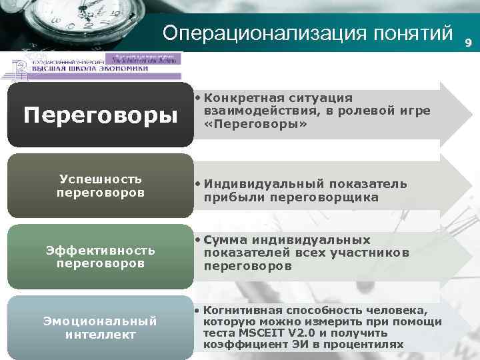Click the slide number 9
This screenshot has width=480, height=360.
pos(468,43)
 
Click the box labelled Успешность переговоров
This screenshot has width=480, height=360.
pos(100,186)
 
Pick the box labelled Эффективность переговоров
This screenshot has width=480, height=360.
pos(100,257)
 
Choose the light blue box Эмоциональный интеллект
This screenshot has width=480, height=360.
pos(100,327)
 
